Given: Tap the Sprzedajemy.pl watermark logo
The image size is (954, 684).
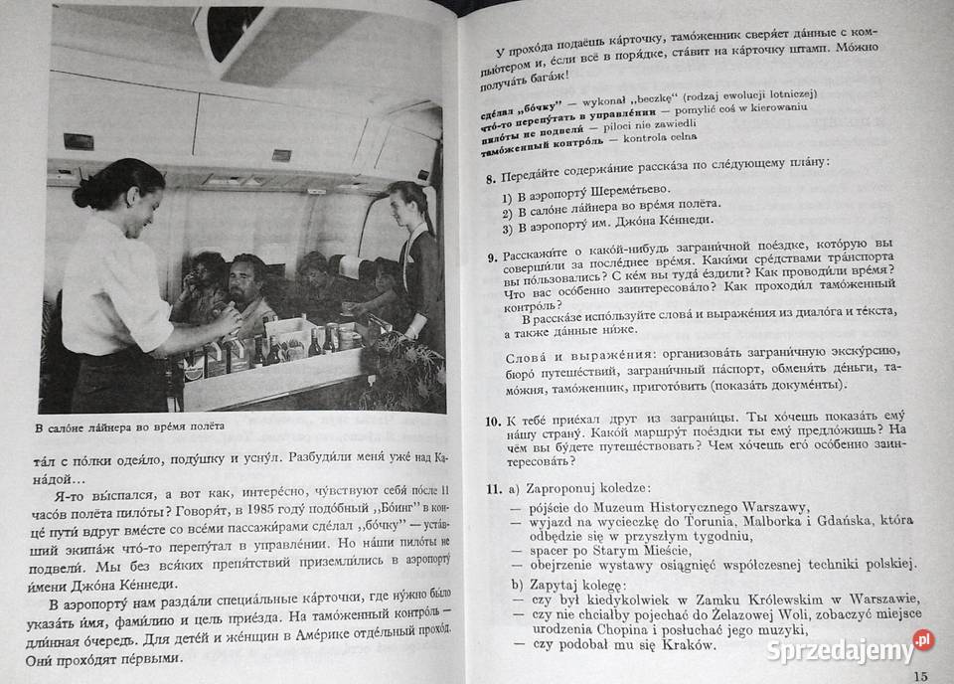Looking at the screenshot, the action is (845, 650).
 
